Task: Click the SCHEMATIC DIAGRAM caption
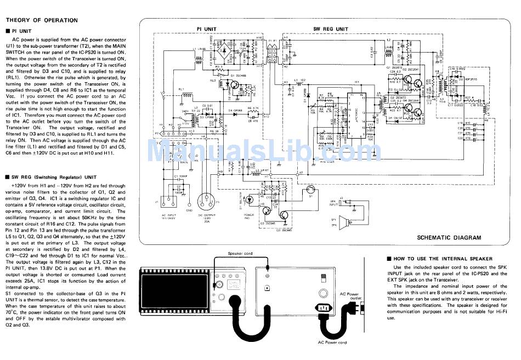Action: coord(449,238)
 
